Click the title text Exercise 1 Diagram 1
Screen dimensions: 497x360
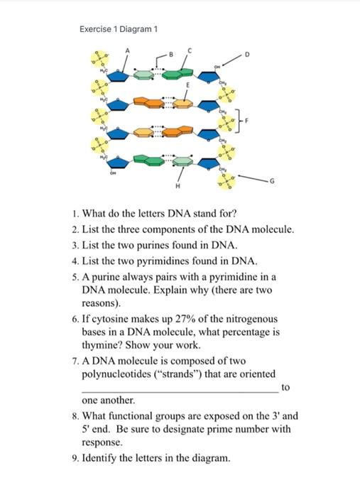click(118, 29)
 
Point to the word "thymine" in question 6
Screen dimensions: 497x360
click(107, 346)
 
